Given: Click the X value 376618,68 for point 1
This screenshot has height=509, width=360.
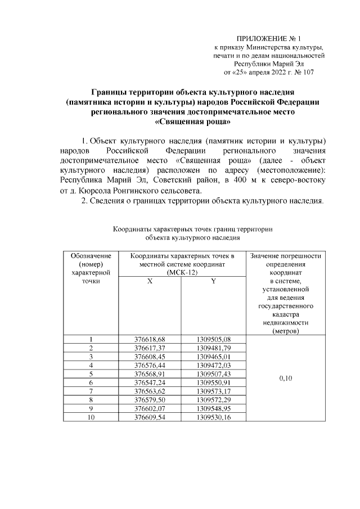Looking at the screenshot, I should (x=150, y=339).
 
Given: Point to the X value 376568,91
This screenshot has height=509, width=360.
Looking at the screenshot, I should (x=150, y=373).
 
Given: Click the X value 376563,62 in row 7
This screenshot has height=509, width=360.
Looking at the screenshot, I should (x=150, y=390).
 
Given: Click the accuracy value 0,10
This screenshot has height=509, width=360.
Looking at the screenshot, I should (x=286, y=378).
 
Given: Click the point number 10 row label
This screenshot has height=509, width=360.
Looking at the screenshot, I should (x=91, y=416).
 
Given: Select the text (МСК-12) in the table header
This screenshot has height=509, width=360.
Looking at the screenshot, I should (x=181, y=272).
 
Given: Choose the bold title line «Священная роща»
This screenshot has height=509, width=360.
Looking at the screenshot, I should (x=192, y=121).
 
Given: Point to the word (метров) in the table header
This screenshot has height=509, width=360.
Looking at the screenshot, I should (x=286, y=331).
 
